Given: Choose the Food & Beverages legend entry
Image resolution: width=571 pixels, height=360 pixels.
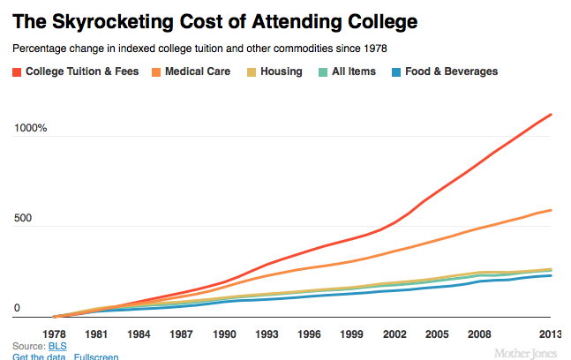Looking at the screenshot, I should pyautogui.click(x=444, y=71).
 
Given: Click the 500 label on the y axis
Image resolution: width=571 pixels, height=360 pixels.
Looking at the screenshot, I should pyautogui.click(x=23, y=218).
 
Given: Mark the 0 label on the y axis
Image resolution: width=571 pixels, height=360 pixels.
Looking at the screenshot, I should pyautogui.click(x=17, y=309).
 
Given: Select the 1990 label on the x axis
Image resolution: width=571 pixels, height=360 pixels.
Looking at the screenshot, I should pyautogui.click(x=224, y=334).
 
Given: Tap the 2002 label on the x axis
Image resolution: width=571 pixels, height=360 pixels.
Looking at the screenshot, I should pyautogui.click(x=394, y=334).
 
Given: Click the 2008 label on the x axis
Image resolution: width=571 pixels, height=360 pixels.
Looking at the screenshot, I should pyautogui.click(x=480, y=334).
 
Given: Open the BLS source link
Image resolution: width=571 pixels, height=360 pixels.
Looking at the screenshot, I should pyautogui.click(x=57, y=346).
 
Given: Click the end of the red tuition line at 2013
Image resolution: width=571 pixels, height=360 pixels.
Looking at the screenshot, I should pyautogui.click(x=552, y=114).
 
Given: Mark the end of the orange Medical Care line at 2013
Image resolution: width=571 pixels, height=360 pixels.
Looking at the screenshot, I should pyautogui.click(x=552, y=210).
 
